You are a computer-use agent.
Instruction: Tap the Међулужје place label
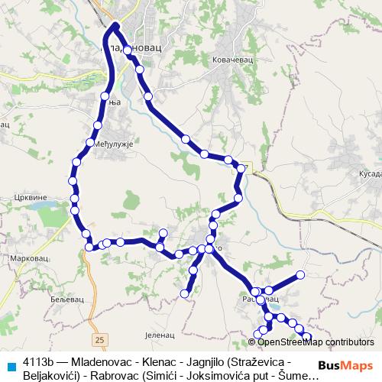tap(114, 143)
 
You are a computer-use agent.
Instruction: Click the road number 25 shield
tap(99, 337)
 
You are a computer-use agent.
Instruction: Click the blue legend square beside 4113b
tap(9, 361)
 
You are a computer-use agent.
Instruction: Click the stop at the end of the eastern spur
tap(300, 274)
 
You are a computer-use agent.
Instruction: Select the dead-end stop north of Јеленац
tap(184, 293)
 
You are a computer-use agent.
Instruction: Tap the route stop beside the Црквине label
tap(74, 197)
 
